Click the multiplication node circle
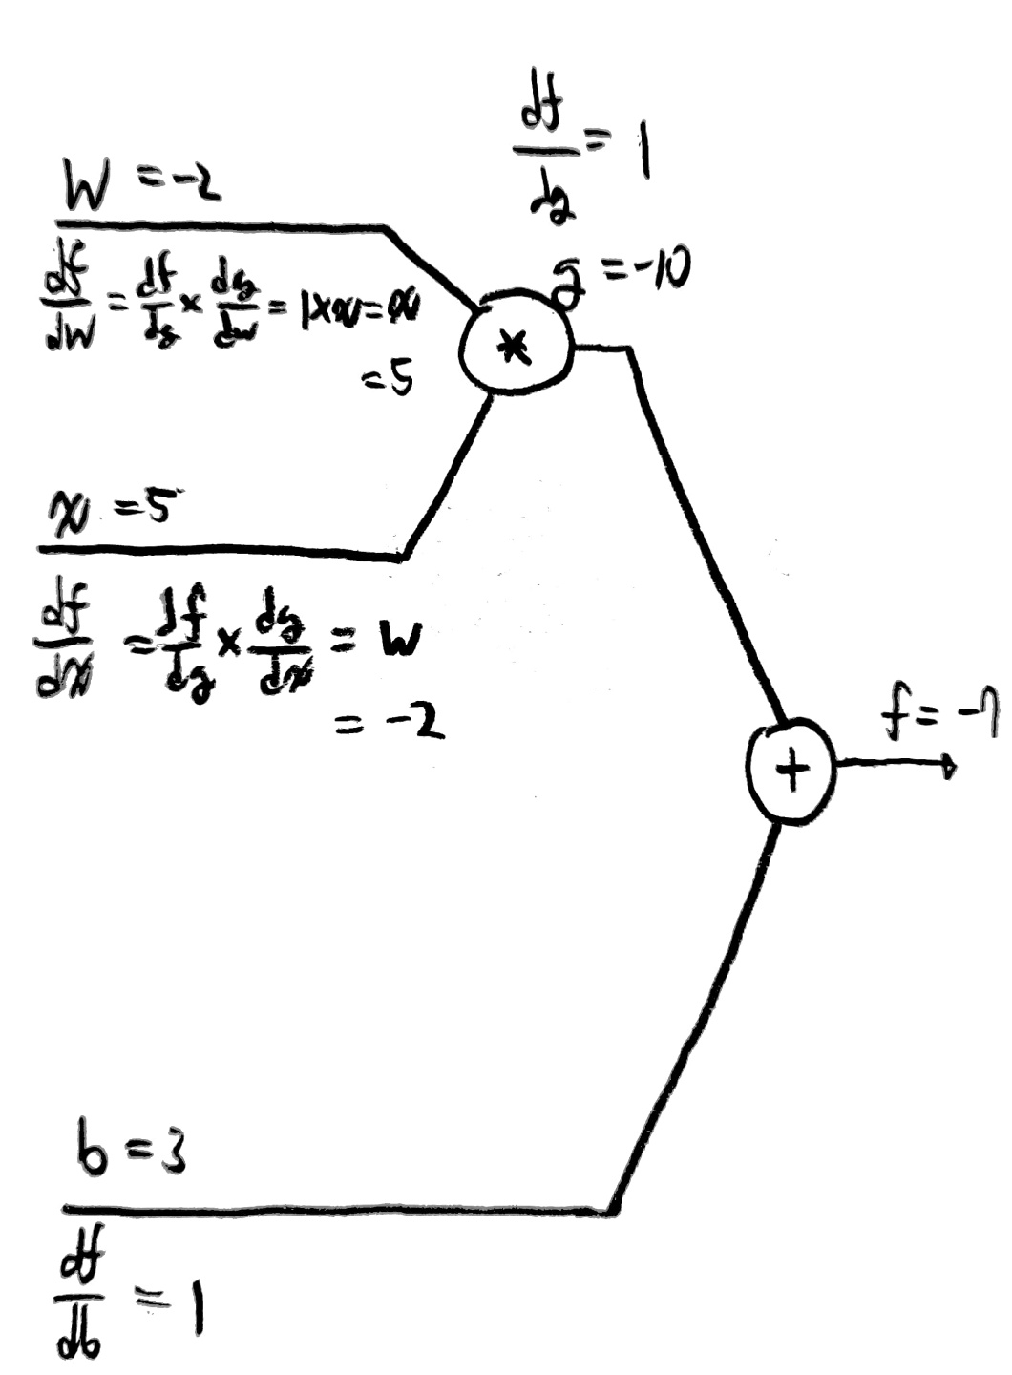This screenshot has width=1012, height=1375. pyautogui.click(x=517, y=348)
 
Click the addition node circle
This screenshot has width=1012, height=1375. pyautogui.click(x=791, y=772)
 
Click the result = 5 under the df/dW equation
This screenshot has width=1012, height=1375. pyautogui.click(x=388, y=382)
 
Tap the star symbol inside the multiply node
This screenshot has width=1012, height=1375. pyautogui.click(x=516, y=349)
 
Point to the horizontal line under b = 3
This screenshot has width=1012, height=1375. pyautogui.click(x=334, y=1210)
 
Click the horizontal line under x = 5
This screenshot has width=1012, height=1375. pyautogui.click(x=220, y=552)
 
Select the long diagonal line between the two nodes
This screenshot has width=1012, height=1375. pyautogui.click(x=706, y=535)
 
